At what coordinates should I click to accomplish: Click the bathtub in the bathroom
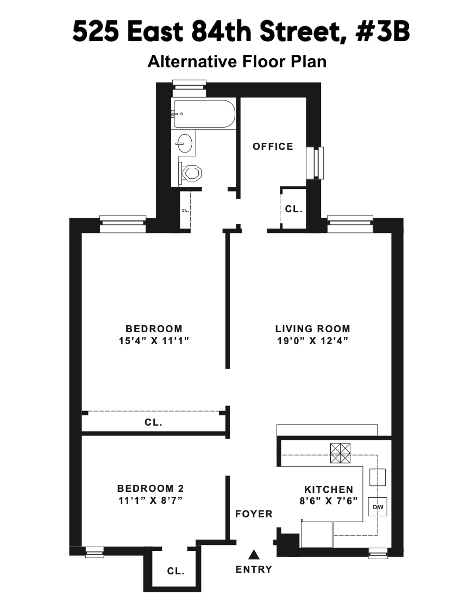click(204, 114)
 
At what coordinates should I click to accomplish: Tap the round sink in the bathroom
click(184, 144)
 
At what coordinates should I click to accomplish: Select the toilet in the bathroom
click(191, 174)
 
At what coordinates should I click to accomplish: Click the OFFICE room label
click(273, 147)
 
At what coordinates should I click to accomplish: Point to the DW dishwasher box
click(377, 507)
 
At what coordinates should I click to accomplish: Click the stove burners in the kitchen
click(341, 453)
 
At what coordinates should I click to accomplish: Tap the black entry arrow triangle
click(253, 554)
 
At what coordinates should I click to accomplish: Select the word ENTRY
click(254, 569)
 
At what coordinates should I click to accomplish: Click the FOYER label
click(254, 514)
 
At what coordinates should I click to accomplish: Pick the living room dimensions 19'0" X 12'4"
click(312, 341)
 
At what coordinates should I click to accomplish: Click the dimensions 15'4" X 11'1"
click(154, 341)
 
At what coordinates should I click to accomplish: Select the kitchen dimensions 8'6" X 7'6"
click(328, 501)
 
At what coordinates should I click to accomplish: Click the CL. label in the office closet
click(293, 208)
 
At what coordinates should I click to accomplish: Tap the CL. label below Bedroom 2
click(175, 571)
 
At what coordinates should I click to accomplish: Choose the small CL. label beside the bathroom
click(185, 210)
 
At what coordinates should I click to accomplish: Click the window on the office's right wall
click(315, 163)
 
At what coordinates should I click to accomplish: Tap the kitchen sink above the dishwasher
click(377, 477)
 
